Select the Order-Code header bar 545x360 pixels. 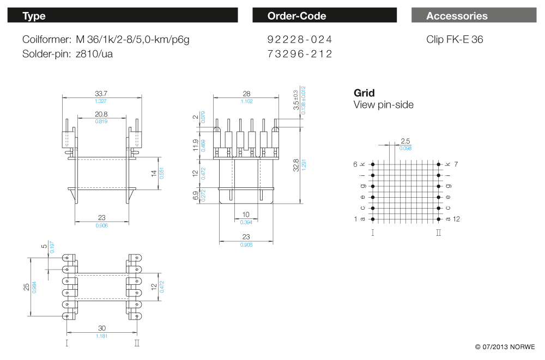click(x=324, y=16)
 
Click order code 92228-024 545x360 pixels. click(x=300, y=40)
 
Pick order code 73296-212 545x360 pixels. click(x=300, y=54)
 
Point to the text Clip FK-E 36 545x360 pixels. click(x=455, y=40)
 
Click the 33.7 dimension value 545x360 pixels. click(x=101, y=93)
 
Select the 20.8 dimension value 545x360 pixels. click(x=101, y=114)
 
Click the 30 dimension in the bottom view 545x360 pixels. click(x=101, y=328)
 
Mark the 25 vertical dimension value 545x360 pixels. click(x=26, y=286)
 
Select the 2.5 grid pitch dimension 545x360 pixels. click(x=405, y=141)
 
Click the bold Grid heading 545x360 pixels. click(x=364, y=93)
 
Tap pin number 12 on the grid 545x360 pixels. click(x=456, y=219)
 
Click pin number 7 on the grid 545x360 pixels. click(x=456, y=164)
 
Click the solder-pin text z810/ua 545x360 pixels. click(x=94, y=54)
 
